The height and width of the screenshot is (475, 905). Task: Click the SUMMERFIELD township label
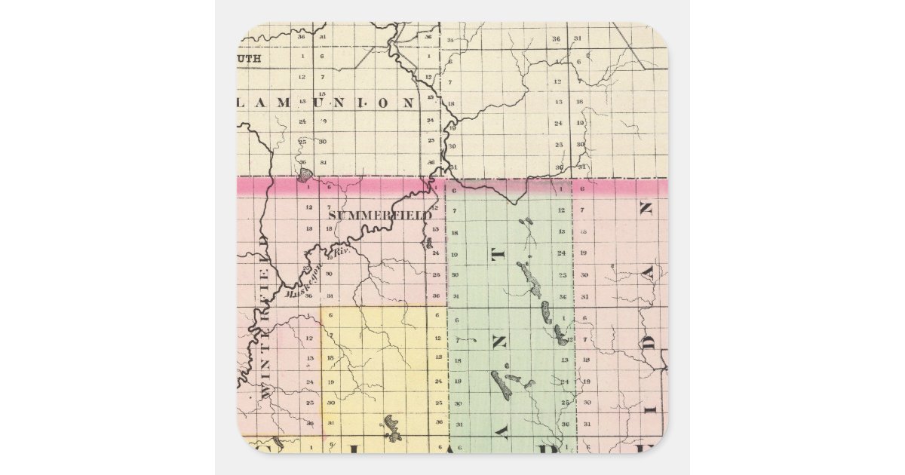pyautogui.click(x=379, y=215)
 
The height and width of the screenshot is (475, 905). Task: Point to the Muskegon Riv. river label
pyautogui.click(x=318, y=279)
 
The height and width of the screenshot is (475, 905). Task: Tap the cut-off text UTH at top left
pyautogui.click(x=250, y=58)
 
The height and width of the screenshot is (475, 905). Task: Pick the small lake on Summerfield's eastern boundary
pyautogui.click(x=428, y=243)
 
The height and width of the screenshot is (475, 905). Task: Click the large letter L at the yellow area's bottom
pyautogui.click(x=387, y=447)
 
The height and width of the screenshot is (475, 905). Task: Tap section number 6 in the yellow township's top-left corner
pyautogui.click(x=330, y=314)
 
